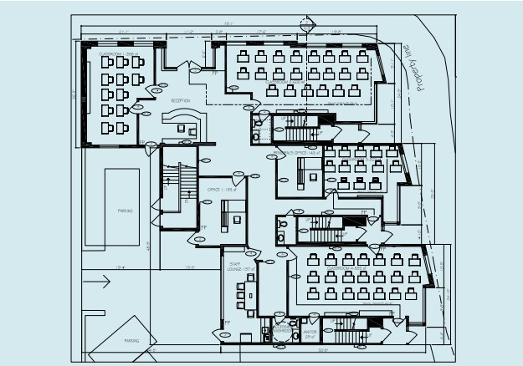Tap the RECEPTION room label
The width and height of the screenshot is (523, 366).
180,100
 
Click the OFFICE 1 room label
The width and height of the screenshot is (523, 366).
219,191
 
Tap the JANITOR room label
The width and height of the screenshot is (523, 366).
310,333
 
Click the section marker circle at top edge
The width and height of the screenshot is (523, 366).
310,25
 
